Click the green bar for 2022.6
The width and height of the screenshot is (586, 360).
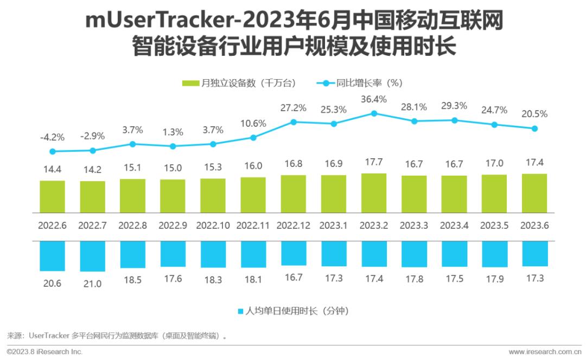point(52,196)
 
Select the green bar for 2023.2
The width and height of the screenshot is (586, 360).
point(374,192)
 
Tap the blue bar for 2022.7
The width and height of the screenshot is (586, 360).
point(92,256)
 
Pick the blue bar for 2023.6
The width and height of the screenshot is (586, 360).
point(534,254)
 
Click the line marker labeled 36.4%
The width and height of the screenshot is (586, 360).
point(374,113)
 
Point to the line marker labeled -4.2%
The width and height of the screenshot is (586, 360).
point(52,151)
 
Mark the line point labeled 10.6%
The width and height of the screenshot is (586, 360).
point(253,137)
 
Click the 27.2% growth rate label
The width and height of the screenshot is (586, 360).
point(294,108)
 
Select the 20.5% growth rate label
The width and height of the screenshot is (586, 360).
point(534,114)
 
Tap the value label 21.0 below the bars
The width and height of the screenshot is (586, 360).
point(92,283)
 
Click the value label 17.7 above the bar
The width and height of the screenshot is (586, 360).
point(374,163)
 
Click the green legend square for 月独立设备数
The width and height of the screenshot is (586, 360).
point(190,83)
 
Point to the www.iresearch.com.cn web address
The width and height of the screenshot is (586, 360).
point(544,352)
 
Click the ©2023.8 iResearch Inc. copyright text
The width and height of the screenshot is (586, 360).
point(44,352)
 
